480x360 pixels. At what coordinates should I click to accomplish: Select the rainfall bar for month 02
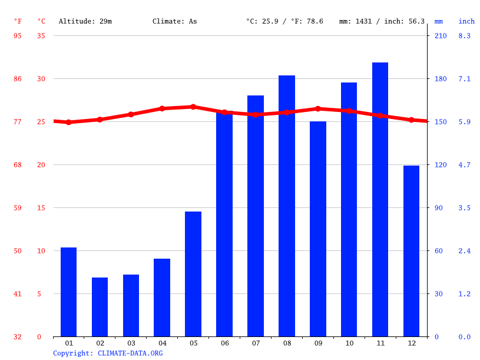pos(100,307)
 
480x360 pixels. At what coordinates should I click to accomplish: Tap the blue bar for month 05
pos(193,274)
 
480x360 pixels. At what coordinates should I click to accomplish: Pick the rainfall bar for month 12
pos(411,251)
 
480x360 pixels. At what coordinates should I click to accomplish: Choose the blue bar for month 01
pos(69,292)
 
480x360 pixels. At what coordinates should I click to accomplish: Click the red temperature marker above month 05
pos(193,107)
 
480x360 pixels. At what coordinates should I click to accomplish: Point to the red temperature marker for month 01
pos(69,123)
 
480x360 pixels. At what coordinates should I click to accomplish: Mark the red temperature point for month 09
pos(318,108)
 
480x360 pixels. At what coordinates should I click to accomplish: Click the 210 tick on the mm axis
pos(441,36)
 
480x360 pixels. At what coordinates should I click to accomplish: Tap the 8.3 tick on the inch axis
pos(465,36)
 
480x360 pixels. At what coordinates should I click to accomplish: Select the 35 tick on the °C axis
pos(41,36)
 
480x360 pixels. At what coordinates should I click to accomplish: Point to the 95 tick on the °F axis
pos(18,36)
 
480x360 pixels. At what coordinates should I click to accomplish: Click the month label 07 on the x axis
pos(256,344)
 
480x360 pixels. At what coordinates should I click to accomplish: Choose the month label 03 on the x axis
pos(131,344)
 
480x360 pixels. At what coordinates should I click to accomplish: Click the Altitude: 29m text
pos(85,21)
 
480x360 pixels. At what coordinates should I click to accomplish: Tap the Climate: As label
pos(175,21)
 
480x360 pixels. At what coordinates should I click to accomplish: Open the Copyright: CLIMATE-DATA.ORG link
pos(108,354)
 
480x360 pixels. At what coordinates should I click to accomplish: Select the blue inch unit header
pos(466,21)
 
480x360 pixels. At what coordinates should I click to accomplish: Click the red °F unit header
pos(18,21)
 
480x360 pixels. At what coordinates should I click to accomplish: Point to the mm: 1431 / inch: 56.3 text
pos(382,21)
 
